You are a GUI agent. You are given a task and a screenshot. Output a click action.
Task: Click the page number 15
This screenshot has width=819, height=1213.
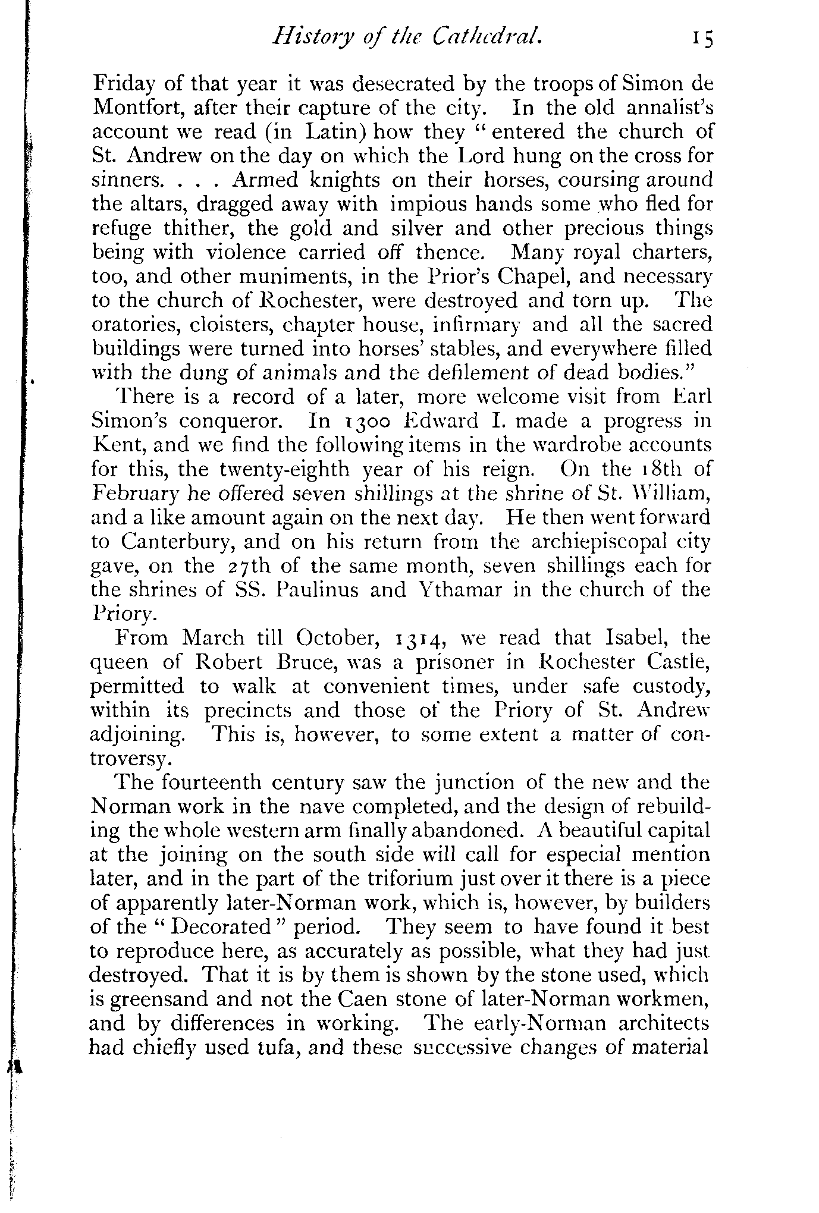click(x=701, y=40)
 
